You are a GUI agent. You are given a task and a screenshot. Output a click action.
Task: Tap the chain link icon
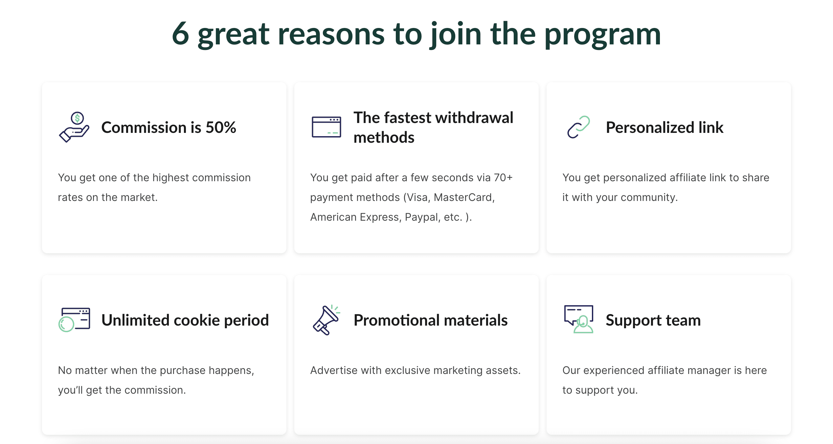[578, 127]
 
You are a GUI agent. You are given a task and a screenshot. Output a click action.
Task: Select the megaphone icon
[326, 320]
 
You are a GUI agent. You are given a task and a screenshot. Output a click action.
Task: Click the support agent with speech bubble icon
[579, 319]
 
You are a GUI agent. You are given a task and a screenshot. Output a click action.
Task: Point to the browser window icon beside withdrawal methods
[326, 127]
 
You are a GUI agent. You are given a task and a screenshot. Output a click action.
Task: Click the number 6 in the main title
[180, 34]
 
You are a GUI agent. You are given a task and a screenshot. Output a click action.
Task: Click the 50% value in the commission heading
[221, 127]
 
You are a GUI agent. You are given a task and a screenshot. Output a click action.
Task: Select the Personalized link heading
[664, 128]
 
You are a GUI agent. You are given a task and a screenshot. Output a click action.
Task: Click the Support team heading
[653, 321]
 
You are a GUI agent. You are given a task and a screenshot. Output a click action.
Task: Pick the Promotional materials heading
[431, 320]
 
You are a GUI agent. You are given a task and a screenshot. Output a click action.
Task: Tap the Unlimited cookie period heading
[185, 320]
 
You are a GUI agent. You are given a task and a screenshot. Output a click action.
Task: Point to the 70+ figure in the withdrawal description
[503, 178]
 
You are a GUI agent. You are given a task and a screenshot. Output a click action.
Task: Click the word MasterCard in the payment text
[464, 197]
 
